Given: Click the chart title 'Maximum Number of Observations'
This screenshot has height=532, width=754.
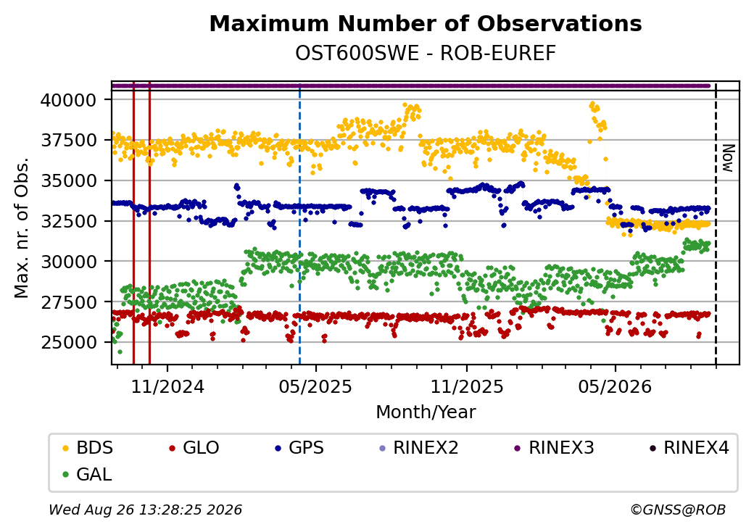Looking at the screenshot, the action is coord(426,23).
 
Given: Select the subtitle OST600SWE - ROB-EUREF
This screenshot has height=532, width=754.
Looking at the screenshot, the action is coord(426,54).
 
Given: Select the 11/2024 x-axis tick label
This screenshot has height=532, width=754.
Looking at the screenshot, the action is coord(167,386).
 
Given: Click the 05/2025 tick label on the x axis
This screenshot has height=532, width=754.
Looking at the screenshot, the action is coord(315,386).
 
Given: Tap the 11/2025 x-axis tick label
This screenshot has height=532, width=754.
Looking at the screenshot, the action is coord(466,386).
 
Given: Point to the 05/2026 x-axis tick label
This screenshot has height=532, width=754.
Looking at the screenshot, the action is coord(615,386).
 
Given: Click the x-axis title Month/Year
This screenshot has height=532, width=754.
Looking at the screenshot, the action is coord(426,412).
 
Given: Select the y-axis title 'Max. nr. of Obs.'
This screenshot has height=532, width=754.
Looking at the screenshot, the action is coord(22,228).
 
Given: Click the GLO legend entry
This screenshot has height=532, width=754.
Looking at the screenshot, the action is coord(194,448).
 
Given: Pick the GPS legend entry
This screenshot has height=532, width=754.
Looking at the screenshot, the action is coord(299,448).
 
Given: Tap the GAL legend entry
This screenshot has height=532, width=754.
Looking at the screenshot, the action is coord(88,474).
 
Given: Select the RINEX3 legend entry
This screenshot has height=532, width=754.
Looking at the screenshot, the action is coord(554,448).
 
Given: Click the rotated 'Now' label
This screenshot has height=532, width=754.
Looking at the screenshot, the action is coord(728,158).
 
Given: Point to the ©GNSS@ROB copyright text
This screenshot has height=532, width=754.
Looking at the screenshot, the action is coord(678,510).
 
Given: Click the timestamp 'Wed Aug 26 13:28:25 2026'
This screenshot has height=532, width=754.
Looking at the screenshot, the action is coord(145,510).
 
